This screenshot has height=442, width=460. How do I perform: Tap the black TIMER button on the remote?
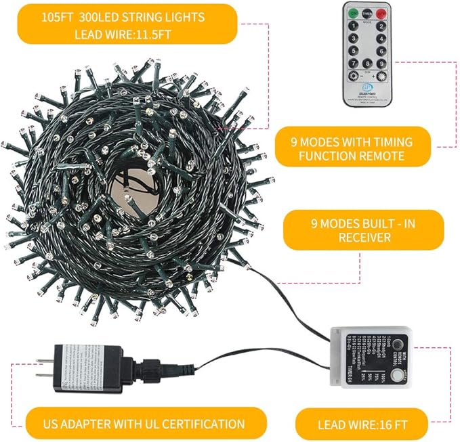(368, 14)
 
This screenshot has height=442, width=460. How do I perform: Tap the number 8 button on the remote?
(367, 64)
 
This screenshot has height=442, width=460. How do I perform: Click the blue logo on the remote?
(367, 88)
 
